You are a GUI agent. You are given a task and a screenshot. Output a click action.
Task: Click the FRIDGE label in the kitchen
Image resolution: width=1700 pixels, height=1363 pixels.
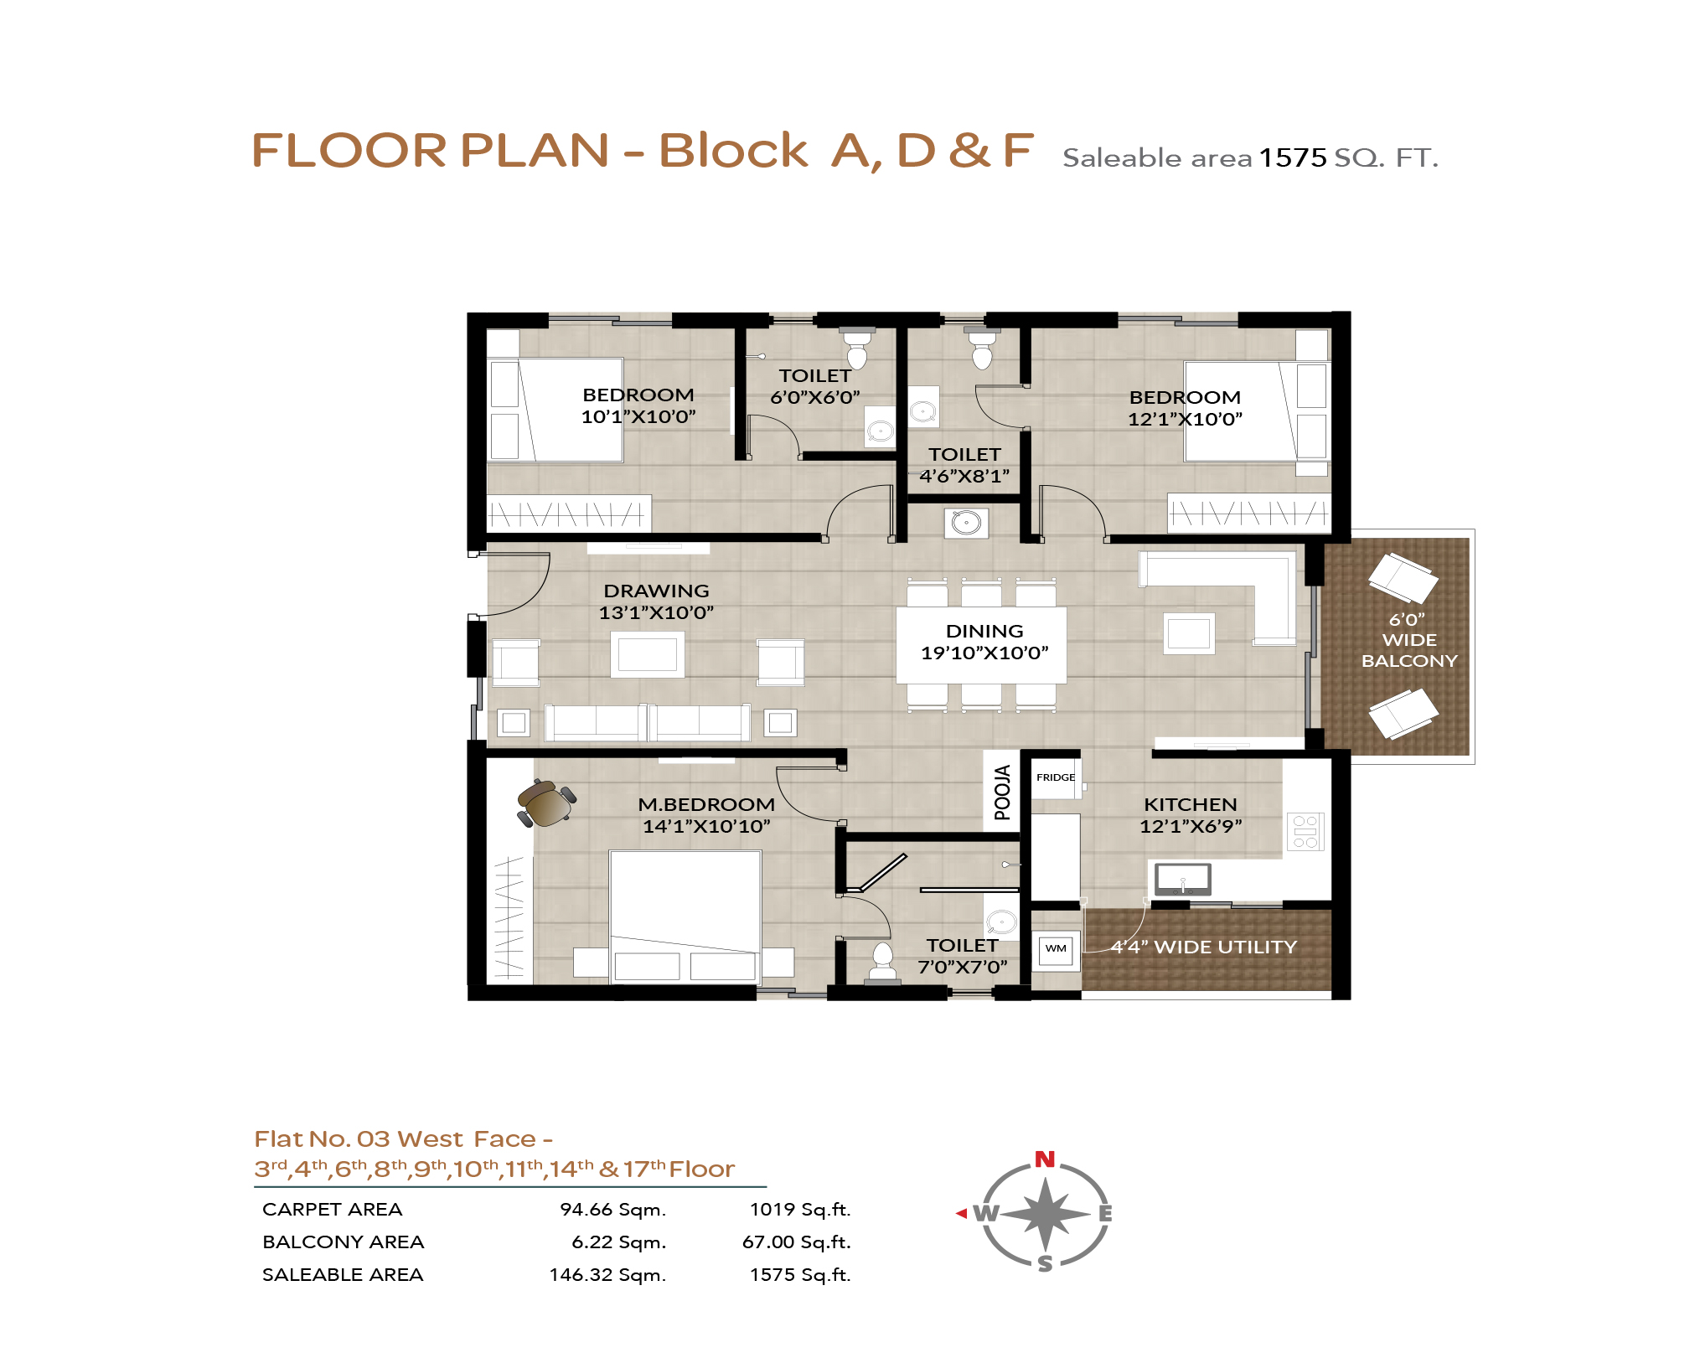pos(1056,777)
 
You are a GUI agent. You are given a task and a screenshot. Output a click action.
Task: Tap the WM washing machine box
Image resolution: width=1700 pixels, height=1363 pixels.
pos(1056,949)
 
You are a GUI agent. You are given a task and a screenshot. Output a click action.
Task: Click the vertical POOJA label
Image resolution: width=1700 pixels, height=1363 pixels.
pos(1002,793)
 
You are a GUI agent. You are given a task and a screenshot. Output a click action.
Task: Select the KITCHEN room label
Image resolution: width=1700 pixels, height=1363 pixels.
pos(1191,804)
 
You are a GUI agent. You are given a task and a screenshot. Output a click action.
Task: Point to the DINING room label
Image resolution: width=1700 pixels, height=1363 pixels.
pos(984,631)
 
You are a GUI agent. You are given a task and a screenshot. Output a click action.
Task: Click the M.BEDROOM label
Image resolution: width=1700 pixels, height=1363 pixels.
pos(706,804)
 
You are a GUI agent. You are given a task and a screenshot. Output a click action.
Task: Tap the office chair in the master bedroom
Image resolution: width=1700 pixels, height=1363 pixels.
pos(546,803)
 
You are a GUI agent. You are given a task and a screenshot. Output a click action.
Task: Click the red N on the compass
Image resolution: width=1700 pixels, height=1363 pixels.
pos(1045,1159)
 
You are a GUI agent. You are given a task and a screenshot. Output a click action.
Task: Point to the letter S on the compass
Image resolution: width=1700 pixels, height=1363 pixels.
pos(1045,1264)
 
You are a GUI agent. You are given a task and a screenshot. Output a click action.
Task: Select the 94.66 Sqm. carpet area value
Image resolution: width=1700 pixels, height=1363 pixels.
pos(613,1210)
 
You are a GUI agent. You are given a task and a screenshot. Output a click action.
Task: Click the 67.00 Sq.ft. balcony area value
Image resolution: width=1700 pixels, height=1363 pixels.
pos(796,1242)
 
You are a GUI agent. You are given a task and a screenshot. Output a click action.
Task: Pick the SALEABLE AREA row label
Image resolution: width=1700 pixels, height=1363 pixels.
pos(343,1275)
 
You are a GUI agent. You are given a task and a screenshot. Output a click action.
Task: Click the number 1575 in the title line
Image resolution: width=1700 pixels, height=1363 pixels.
pos(1293,157)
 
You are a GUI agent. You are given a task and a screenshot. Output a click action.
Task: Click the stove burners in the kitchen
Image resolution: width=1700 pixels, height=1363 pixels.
pos(1305,831)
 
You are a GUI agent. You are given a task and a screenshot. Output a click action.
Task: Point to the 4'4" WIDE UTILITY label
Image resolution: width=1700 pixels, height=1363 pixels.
pos(1204,947)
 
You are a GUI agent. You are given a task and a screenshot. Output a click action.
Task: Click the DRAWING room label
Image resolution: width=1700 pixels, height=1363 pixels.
pos(656,591)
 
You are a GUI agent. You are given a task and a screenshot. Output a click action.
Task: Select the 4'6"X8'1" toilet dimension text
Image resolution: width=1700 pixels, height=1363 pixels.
pos(964,476)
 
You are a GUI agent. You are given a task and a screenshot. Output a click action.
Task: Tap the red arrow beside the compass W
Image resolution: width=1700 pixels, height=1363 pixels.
pos(961,1213)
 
